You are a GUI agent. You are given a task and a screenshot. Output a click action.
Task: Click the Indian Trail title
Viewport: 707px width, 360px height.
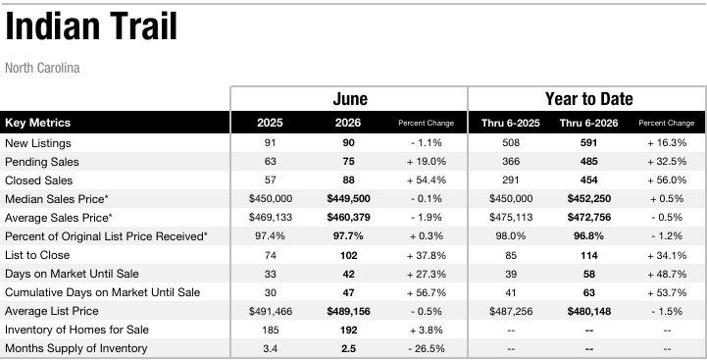click(x=91, y=26)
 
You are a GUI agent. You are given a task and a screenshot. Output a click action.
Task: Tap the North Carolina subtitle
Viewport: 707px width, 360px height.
click(x=42, y=68)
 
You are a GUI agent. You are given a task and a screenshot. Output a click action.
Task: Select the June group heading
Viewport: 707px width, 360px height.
click(x=350, y=99)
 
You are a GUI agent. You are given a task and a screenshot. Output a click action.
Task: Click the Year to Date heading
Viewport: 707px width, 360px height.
click(x=589, y=99)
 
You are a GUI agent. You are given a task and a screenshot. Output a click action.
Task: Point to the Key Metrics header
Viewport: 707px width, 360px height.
click(x=38, y=123)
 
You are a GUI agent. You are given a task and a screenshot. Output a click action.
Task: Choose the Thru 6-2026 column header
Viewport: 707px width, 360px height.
click(x=589, y=123)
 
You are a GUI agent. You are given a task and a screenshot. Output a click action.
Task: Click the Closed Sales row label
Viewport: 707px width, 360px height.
click(x=39, y=180)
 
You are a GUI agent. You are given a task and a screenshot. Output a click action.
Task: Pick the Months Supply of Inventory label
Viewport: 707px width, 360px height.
click(x=76, y=348)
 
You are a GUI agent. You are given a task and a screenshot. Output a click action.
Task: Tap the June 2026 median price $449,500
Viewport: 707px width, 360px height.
click(x=348, y=199)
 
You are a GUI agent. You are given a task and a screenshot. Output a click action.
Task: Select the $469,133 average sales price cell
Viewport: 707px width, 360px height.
click(x=271, y=218)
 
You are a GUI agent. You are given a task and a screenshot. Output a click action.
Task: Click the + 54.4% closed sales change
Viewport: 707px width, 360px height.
click(x=427, y=180)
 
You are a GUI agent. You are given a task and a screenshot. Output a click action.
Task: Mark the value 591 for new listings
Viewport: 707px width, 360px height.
click(x=589, y=143)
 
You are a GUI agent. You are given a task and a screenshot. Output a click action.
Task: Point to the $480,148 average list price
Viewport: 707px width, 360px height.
click(x=589, y=311)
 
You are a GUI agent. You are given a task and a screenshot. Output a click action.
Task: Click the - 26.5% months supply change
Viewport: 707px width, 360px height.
click(x=427, y=349)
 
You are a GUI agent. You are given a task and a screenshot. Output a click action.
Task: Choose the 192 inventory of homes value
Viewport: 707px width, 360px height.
click(x=348, y=330)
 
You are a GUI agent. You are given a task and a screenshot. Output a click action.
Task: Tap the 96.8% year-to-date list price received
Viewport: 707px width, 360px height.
click(x=589, y=236)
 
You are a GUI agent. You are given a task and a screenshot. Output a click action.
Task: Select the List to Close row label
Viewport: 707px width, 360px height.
click(x=37, y=255)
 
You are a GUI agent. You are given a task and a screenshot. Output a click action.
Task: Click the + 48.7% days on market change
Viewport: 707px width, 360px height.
click(x=667, y=274)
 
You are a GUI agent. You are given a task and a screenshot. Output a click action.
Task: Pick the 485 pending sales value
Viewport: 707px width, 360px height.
click(x=589, y=162)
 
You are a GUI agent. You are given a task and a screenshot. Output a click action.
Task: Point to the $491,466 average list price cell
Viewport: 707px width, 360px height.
click(x=271, y=311)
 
